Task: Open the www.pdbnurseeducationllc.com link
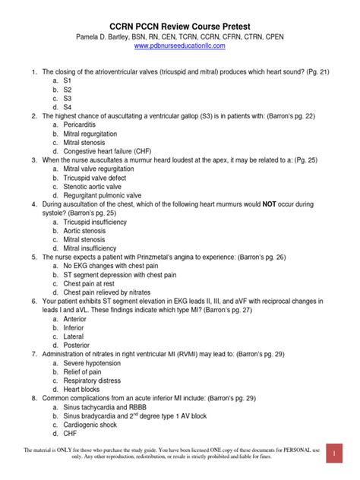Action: pyautogui.click(x=179, y=46)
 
